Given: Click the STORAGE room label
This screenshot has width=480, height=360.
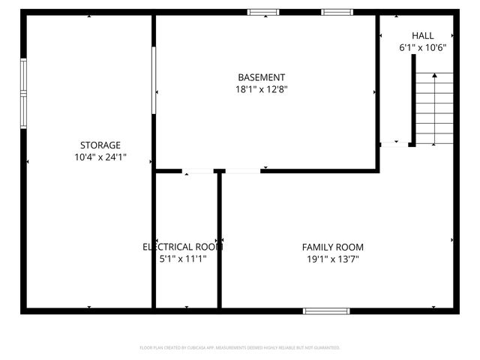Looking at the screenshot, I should tap(100, 145).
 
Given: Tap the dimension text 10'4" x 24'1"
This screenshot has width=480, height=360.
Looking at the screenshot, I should tap(100, 157).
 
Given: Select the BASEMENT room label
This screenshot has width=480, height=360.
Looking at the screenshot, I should tap(261, 77).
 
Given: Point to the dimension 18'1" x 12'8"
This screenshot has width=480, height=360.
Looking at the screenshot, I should tap(261, 89).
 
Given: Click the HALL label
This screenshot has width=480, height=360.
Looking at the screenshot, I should tap(422, 35).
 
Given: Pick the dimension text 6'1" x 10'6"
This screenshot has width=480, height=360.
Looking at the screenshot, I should tap(422, 47).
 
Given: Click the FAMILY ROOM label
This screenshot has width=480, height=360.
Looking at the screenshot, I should tap(332, 247).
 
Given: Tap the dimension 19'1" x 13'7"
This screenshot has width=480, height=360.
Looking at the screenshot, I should tap(332, 259).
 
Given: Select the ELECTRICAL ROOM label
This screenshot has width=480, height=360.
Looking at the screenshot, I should tap(183, 247).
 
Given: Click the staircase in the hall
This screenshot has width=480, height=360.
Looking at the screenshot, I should tap(434, 109).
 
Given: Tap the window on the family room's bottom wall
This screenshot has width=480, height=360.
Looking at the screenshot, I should tap(326, 310).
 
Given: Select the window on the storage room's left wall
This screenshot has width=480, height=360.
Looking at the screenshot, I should tap(23, 94).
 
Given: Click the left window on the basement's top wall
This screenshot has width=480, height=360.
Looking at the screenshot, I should tap(263, 12).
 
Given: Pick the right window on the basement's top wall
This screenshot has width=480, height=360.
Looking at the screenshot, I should tap(337, 12).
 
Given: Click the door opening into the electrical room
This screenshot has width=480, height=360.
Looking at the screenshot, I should tap(198, 172).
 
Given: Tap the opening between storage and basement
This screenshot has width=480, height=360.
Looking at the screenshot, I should tap(154, 80).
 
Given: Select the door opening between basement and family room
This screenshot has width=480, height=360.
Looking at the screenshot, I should tap(242, 172).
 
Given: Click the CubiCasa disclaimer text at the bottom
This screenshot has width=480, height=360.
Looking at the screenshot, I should tap(240, 348).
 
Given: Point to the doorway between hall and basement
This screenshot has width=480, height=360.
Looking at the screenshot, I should tap(394, 144).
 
